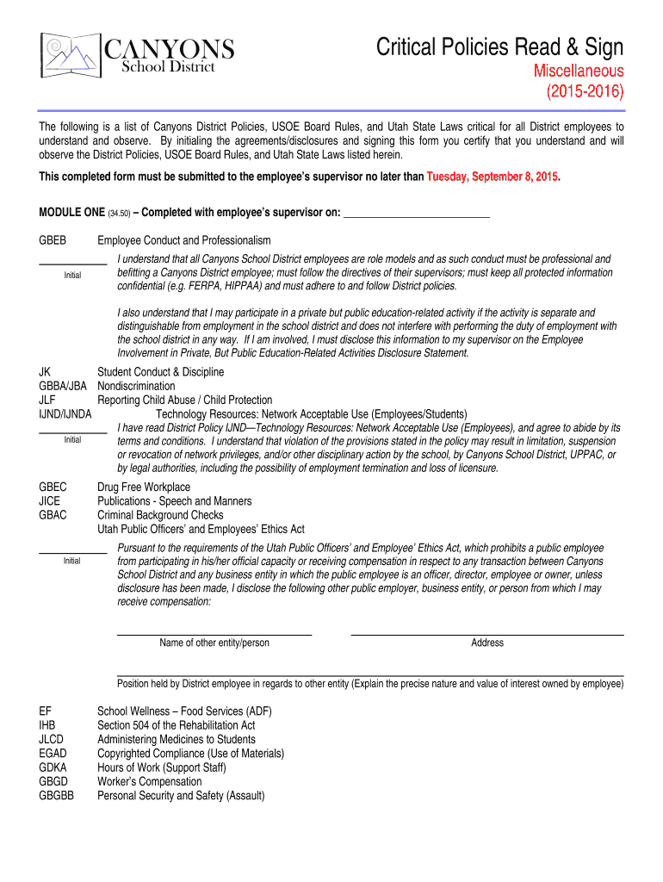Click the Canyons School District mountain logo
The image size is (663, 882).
click(x=71, y=55)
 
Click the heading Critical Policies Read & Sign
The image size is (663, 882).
click(x=499, y=47)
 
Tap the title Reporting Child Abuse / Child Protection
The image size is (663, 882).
click(x=184, y=400)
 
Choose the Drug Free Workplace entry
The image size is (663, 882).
click(x=144, y=488)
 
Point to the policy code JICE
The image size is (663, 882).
click(x=50, y=501)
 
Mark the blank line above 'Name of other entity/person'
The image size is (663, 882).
click(x=214, y=634)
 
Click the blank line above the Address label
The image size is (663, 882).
click(x=486, y=634)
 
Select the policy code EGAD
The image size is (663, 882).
click(x=53, y=754)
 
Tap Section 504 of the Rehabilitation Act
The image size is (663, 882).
click(x=176, y=725)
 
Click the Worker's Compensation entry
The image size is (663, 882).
click(x=149, y=782)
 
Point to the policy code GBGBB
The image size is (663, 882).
click(x=56, y=796)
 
